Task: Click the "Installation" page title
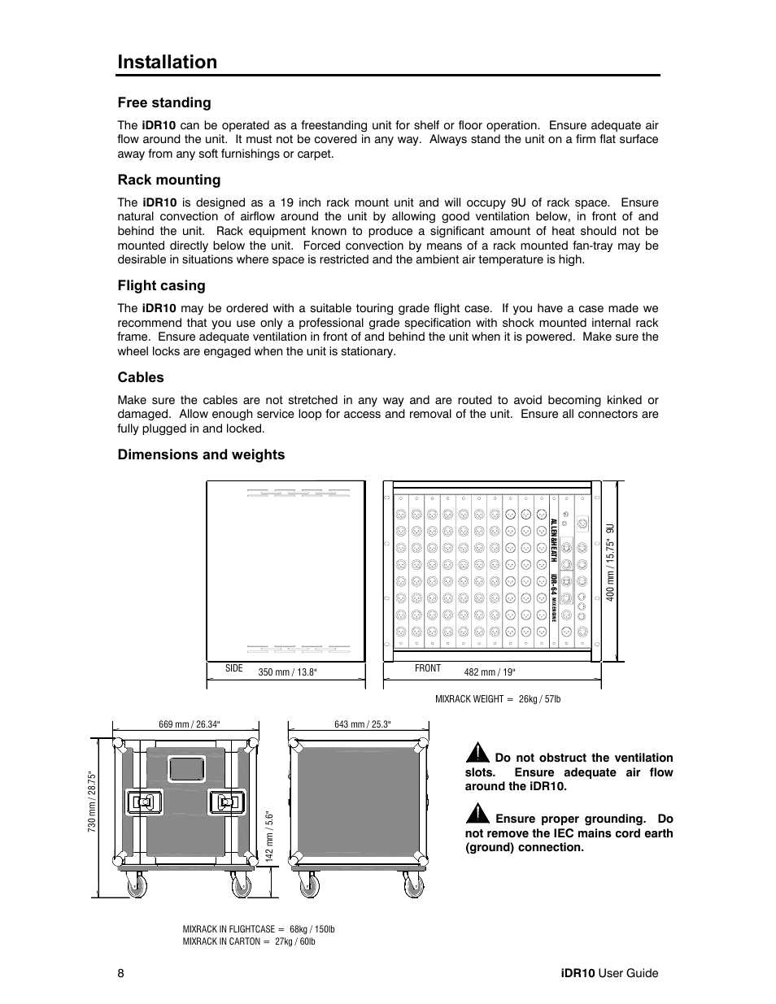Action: click(x=168, y=63)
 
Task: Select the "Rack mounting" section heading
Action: click(x=168, y=180)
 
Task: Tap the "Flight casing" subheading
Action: click(x=161, y=285)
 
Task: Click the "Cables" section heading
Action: click(x=141, y=377)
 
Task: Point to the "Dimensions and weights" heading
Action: click(x=201, y=454)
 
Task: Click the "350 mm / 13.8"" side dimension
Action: click(x=287, y=672)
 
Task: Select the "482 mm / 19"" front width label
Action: click(x=490, y=672)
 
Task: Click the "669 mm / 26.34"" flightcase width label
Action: click(x=189, y=724)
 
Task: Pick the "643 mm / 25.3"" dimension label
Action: click(x=363, y=724)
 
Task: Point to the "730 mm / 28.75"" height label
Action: click(x=93, y=801)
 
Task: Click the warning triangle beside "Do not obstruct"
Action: click(x=477, y=754)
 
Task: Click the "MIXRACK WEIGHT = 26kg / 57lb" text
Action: click(x=498, y=699)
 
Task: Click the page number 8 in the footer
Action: click(x=120, y=974)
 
